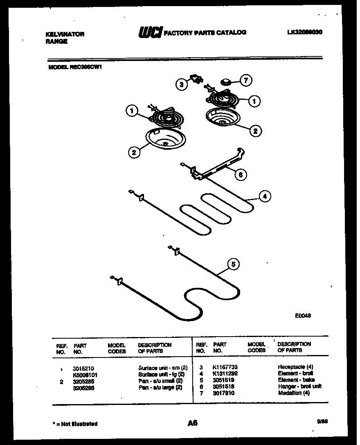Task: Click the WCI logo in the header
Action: (151, 32)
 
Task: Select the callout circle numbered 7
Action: (245, 81)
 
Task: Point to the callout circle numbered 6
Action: (240, 175)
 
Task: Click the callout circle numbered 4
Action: (265, 197)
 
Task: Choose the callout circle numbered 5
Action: (233, 265)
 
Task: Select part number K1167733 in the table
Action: (225, 367)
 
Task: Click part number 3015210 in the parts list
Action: (83, 368)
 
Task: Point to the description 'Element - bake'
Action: (296, 380)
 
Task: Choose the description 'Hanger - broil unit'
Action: (299, 386)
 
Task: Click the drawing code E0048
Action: (303, 316)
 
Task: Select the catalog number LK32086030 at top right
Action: (305, 32)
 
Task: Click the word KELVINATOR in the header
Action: (65, 34)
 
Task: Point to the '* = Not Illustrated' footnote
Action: (75, 424)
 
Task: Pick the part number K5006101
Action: (85, 374)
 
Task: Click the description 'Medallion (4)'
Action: (294, 393)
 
